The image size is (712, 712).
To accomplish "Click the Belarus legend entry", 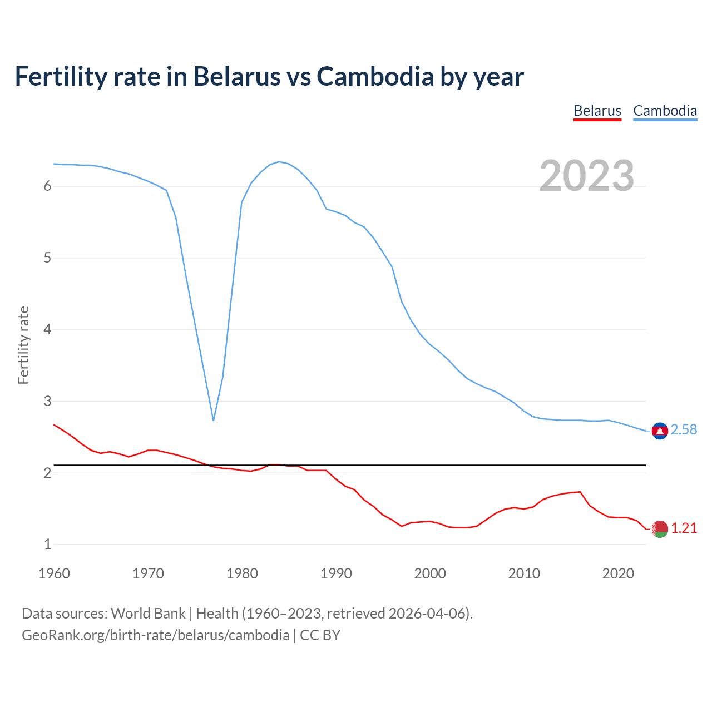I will pyautogui.click(x=597, y=111).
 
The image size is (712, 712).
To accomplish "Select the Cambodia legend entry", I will pyautogui.click(x=665, y=111).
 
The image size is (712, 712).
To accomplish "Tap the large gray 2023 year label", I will pyautogui.click(x=587, y=176).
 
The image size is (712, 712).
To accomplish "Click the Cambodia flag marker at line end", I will pyautogui.click(x=660, y=431).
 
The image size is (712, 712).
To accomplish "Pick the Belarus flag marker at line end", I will pyautogui.click(x=660, y=528).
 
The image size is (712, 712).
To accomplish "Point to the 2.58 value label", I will pyautogui.click(x=684, y=430).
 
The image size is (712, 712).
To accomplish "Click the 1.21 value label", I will pyautogui.click(x=684, y=528).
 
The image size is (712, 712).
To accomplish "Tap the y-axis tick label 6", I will pyautogui.click(x=47, y=186).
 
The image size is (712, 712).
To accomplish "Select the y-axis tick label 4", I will pyautogui.click(x=47, y=330).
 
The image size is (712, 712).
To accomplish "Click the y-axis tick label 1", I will pyautogui.click(x=47, y=545).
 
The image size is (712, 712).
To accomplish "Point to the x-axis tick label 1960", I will pyautogui.click(x=54, y=573).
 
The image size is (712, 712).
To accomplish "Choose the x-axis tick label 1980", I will pyautogui.click(x=242, y=573).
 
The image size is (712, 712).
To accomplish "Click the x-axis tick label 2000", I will pyautogui.click(x=430, y=573).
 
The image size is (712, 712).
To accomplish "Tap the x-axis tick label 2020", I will pyautogui.click(x=618, y=573).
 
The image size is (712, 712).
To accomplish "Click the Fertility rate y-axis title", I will pyautogui.click(x=23, y=345).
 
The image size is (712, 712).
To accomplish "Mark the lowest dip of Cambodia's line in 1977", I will pyautogui.click(x=214, y=419).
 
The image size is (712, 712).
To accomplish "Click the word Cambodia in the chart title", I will pyautogui.click(x=375, y=76).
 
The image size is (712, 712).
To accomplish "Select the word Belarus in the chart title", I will pyautogui.click(x=236, y=76).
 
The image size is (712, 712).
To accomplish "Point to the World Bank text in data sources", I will pyautogui.click(x=148, y=614).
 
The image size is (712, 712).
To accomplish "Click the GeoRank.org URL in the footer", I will pyautogui.click(x=155, y=635).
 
